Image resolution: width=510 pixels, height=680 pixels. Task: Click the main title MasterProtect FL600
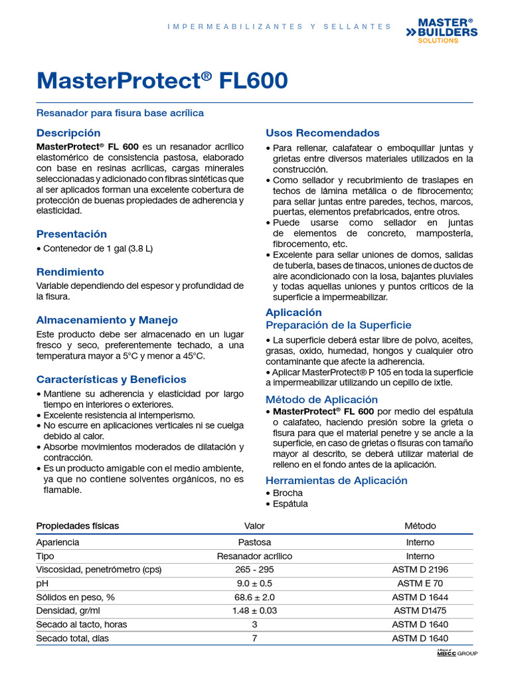(x=163, y=80)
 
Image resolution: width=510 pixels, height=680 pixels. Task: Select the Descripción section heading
(x=68, y=133)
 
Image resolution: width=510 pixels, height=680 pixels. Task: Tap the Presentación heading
(x=71, y=234)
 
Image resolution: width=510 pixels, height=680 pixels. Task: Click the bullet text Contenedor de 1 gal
(x=97, y=248)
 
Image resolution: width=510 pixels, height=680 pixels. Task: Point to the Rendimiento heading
(x=70, y=272)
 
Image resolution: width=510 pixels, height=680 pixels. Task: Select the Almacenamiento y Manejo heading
(x=107, y=319)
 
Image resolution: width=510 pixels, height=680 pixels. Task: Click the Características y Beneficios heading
(x=111, y=379)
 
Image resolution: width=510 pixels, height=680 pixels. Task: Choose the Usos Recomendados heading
(x=323, y=133)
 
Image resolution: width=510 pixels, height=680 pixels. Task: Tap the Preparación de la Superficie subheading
(x=339, y=325)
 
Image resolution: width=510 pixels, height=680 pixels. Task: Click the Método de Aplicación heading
(x=321, y=399)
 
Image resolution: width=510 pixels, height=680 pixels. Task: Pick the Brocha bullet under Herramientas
(x=288, y=493)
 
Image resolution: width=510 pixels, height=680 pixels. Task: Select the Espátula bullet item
(x=290, y=503)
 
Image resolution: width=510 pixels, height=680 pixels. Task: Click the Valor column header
(x=254, y=526)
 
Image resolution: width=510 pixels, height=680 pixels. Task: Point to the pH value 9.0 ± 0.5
(x=254, y=584)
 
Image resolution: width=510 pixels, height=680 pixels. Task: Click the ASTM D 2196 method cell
(x=420, y=570)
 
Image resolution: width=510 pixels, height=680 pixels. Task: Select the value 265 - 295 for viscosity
(x=254, y=570)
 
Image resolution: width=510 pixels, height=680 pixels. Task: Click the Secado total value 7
(x=254, y=638)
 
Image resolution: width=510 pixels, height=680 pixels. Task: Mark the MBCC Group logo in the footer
(x=457, y=653)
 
